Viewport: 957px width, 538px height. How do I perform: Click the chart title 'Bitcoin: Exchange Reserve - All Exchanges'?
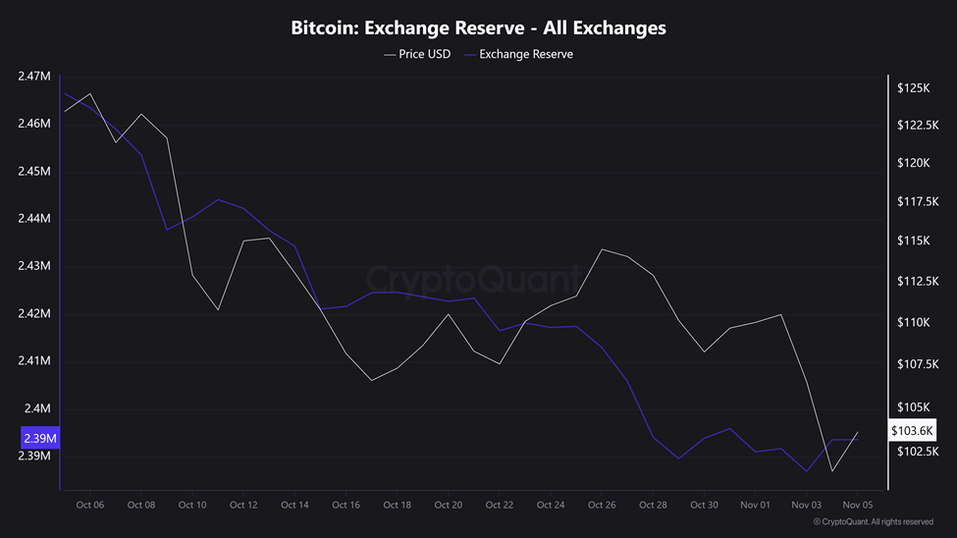pos(478,27)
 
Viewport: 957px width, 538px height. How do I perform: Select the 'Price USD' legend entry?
pos(418,54)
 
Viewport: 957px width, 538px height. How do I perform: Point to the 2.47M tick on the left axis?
pos(34,77)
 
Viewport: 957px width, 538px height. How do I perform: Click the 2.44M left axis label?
pos(34,219)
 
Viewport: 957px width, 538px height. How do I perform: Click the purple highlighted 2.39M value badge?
pos(39,437)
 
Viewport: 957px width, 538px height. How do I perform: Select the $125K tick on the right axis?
pos(913,88)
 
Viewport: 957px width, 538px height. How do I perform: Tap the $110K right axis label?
pos(913,323)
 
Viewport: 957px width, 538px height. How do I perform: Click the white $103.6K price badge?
pos(914,431)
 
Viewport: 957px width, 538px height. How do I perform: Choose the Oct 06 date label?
pos(90,505)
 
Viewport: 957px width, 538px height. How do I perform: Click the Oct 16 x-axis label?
pos(346,505)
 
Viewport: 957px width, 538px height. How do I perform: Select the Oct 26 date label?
pos(602,505)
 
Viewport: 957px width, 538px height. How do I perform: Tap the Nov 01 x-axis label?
pos(755,505)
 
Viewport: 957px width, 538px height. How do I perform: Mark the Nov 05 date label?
pos(857,505)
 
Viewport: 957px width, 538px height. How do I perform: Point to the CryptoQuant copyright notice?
pos(873,522)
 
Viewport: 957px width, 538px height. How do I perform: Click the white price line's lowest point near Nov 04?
pos(832,471)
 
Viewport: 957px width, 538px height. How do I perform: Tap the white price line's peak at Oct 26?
pos(602,249)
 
